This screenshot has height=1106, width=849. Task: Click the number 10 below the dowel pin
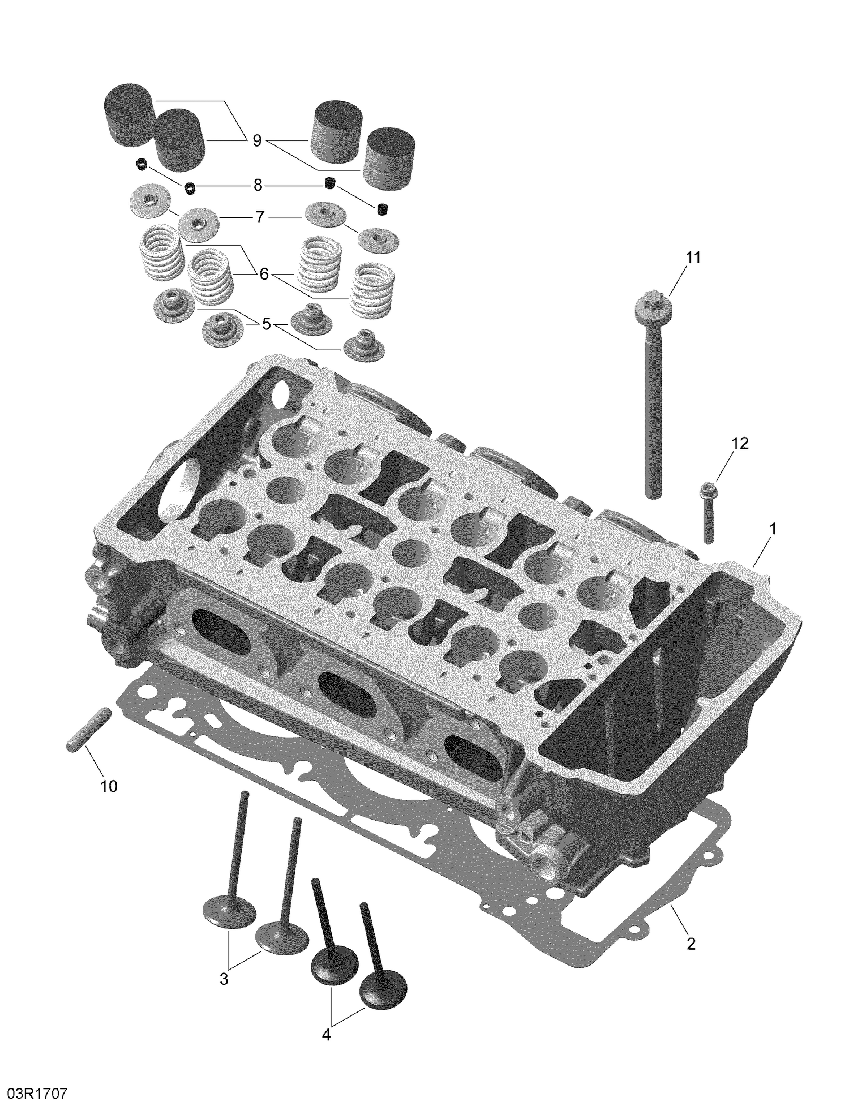[109, 786]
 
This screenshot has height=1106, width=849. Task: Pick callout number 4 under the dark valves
[326, 1035]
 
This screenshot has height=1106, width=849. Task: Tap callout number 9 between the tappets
[257, 140]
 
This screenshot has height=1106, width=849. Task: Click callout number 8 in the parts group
[258, 185]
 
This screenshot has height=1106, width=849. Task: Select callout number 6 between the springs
[264, 275]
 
